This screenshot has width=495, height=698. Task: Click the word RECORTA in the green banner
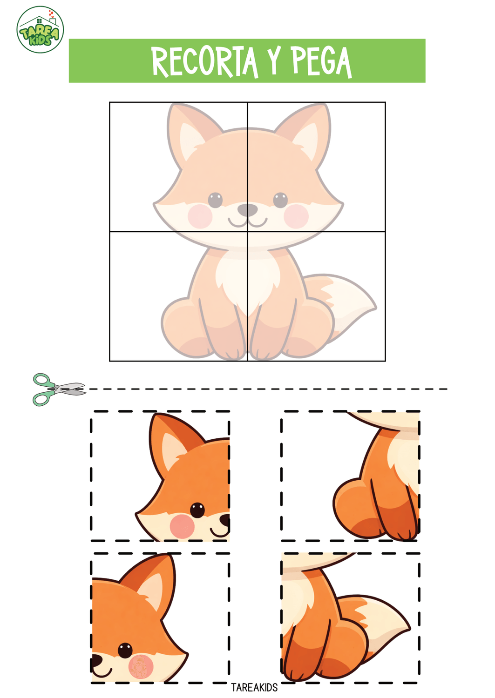[205, 62]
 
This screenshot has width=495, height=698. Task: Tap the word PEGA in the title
[322, 62]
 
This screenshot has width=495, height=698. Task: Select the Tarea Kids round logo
[40, 30]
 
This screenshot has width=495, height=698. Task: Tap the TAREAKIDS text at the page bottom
[254, 687]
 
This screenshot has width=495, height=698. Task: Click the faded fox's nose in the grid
[247, 210]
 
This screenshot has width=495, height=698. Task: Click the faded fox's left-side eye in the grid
[215, 200]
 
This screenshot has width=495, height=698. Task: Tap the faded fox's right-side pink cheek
[296, 216]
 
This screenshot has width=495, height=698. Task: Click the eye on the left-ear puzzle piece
[197, 510]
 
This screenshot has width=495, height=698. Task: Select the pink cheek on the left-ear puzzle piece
[182, 526]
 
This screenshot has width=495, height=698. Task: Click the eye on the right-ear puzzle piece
[125, 651]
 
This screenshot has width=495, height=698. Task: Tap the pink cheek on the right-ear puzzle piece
[141, 666]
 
